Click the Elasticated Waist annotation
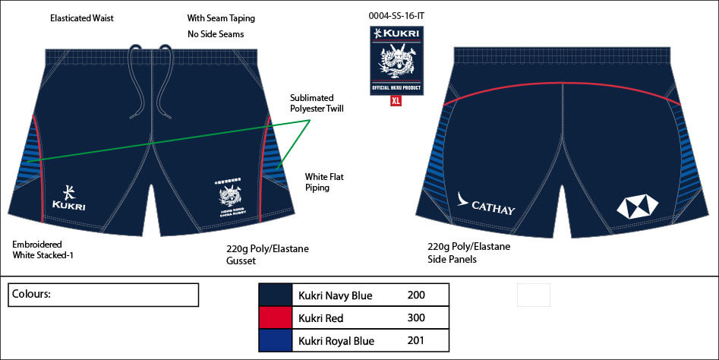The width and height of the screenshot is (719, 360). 81,18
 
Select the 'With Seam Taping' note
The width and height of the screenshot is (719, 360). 221,18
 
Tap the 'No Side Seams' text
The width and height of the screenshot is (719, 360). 216,34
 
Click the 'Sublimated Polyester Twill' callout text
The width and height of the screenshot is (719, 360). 317,103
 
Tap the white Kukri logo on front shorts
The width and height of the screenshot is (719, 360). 68,197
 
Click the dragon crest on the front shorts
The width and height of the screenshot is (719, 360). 229,198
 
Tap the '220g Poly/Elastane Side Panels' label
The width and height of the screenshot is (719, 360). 468,253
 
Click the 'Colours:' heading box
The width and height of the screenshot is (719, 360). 103,295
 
